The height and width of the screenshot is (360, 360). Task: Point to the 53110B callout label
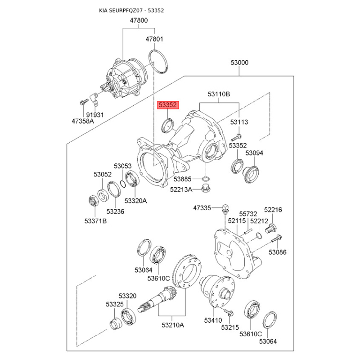219,94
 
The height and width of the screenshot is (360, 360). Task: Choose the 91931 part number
95,115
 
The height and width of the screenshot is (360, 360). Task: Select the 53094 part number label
254,153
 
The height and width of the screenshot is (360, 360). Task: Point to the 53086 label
278,252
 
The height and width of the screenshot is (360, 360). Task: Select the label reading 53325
115,305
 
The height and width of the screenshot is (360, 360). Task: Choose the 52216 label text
273,210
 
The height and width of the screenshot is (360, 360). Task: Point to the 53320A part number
135,201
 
